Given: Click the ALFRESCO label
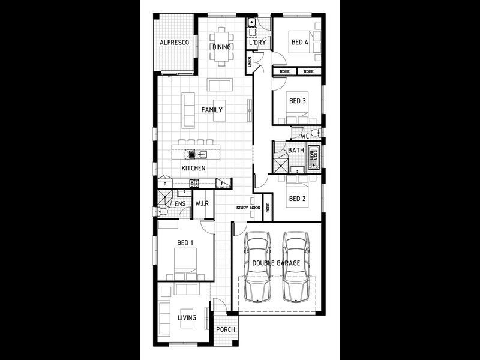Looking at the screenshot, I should tap(175, 43).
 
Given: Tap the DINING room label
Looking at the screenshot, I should tap(221, 47).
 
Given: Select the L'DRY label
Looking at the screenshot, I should tap(258, 43).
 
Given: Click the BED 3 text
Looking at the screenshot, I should tap(298, 101).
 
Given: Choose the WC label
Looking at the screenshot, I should tap(305, 136).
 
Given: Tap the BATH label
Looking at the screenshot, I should tap(296, 151).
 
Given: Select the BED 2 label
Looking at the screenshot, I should tap(298, 199).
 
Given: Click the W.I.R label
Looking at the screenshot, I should tap(202, 204).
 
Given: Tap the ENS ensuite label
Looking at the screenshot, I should tap(180, 204).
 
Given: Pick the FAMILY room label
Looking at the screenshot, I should tap(212, 110).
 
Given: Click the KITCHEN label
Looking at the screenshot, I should tap(194, 168).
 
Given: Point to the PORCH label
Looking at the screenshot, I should tap(226, 329).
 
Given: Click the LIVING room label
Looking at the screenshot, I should tap(187, 317).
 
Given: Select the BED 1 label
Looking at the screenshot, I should tap(185, 243).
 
